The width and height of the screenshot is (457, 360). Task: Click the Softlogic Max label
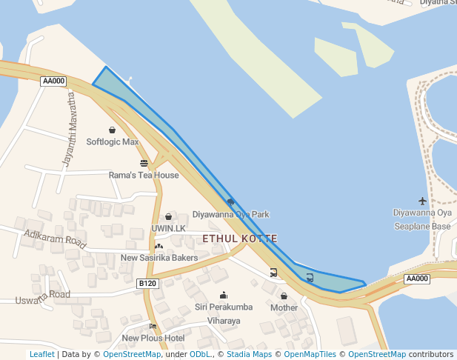(x=112, y=141)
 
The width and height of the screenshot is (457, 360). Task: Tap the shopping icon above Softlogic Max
(x=112, y=130)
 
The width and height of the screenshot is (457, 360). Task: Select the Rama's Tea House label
(x=144, y=175)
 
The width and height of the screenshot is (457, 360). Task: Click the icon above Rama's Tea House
(x=144, y=163)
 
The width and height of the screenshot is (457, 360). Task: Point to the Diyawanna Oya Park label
(x=230, y=214)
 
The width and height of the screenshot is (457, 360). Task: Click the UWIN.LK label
(x=168, y=228)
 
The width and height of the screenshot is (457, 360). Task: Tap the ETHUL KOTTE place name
(x=240, y=239)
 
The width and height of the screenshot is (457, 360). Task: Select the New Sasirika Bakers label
(x=159, y=258)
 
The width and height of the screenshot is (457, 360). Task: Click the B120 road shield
(x=147, y=283)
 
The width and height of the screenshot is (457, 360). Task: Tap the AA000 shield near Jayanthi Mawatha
(x=53, y=81)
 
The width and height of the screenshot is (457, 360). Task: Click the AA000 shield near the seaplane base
(x=417, y=279)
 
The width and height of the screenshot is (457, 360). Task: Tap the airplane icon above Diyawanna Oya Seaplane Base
(x=422, y=201)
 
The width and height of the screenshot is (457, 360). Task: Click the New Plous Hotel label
(x=153, y=338)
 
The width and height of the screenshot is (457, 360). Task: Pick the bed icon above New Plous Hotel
(x=153, y=326)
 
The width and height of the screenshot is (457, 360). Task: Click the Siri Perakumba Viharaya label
(x=224, y=313)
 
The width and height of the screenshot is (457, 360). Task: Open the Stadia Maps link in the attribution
(x=249, y=355)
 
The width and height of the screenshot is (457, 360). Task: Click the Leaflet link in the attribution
(x=41, y=355)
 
